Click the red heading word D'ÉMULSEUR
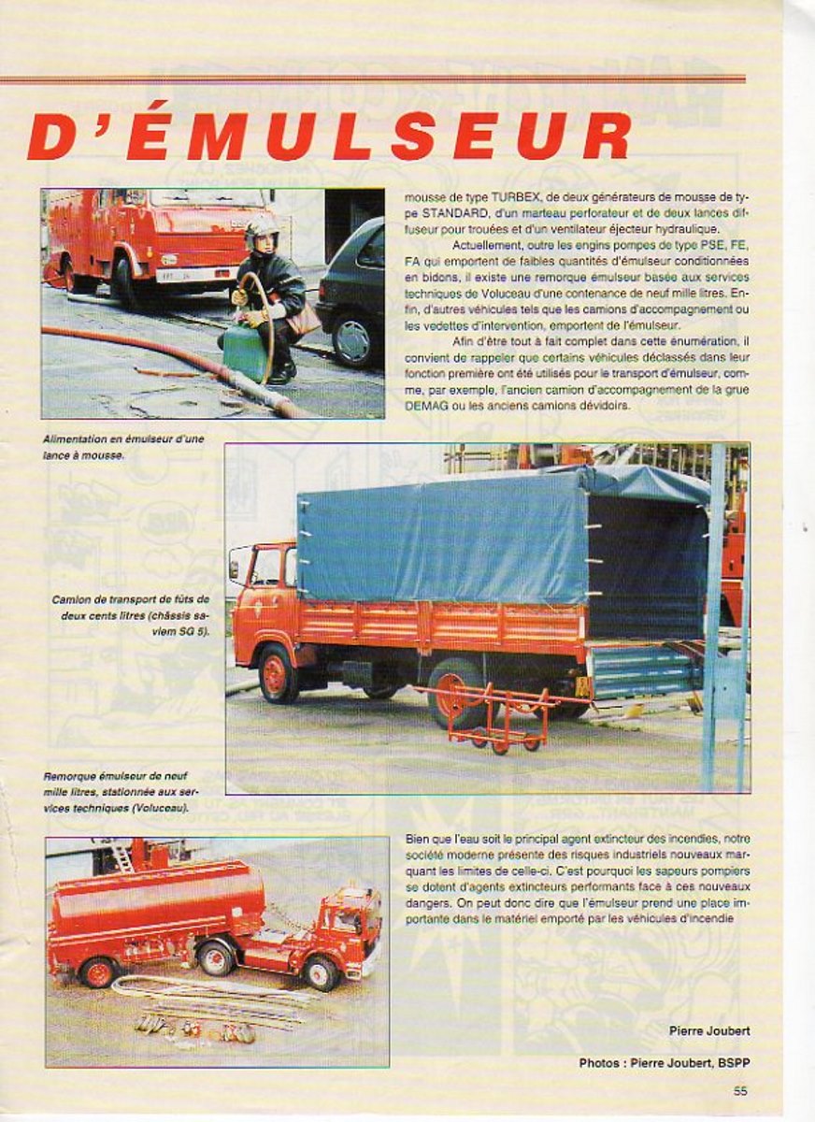[x=329, y=135]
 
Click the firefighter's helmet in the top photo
[x=261, y=227]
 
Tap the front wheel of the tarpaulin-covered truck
[x=278, y=672]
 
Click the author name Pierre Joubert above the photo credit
[x=709, y=1031]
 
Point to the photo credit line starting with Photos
[x=665, y=1063]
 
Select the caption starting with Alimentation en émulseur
[x=122, y=447]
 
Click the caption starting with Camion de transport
[x=132, y=615]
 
